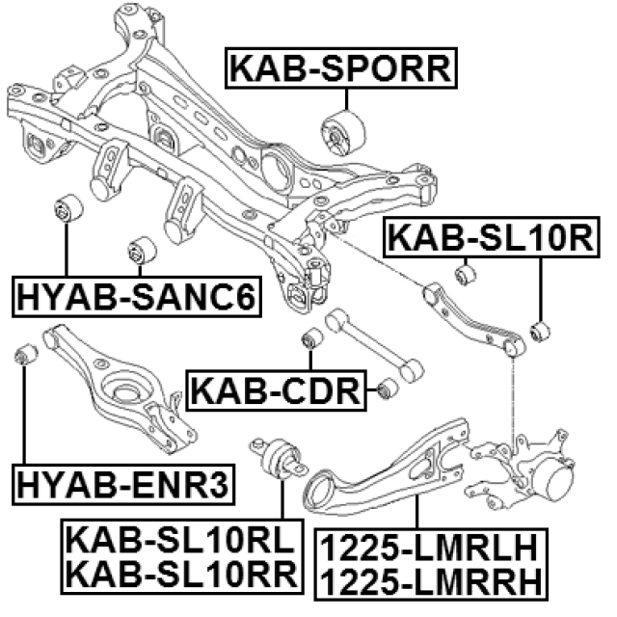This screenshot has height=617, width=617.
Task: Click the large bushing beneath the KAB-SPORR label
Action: click(x=344, y=131)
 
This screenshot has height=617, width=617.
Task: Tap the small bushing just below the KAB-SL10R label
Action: click(x=466, y=275)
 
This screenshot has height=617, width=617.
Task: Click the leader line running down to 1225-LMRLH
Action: click(x=416, y=511)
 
